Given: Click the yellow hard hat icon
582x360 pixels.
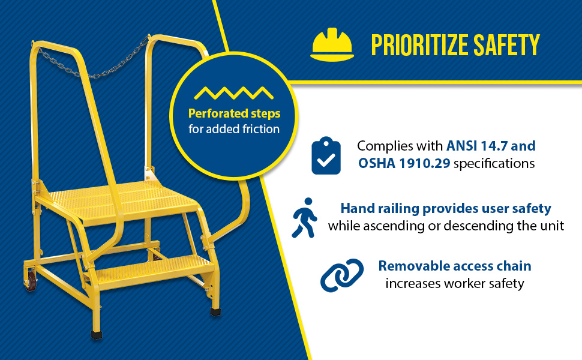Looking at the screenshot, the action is pos(332,44).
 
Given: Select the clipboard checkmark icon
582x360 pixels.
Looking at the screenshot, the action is pos(326,155).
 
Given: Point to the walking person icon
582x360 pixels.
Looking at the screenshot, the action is pos(304,217).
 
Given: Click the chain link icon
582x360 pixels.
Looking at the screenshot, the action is pos(342,275).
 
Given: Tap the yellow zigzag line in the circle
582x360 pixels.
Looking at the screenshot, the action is pos(234,93).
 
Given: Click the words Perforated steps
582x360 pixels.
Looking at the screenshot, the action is pos(234,113).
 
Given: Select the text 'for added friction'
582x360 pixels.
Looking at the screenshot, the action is pos(234,129).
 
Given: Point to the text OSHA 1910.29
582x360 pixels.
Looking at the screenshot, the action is pos(404,163).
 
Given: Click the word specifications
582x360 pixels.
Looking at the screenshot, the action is pos(494,164).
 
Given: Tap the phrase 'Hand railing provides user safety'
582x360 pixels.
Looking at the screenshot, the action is pos(446,209).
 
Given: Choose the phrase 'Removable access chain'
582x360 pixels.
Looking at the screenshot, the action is pos(455,266).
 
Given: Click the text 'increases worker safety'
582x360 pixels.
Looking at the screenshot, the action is pos(455,284).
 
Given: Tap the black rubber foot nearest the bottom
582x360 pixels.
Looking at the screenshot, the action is pos(97,334).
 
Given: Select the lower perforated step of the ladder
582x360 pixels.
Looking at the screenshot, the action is pos(152,271).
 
